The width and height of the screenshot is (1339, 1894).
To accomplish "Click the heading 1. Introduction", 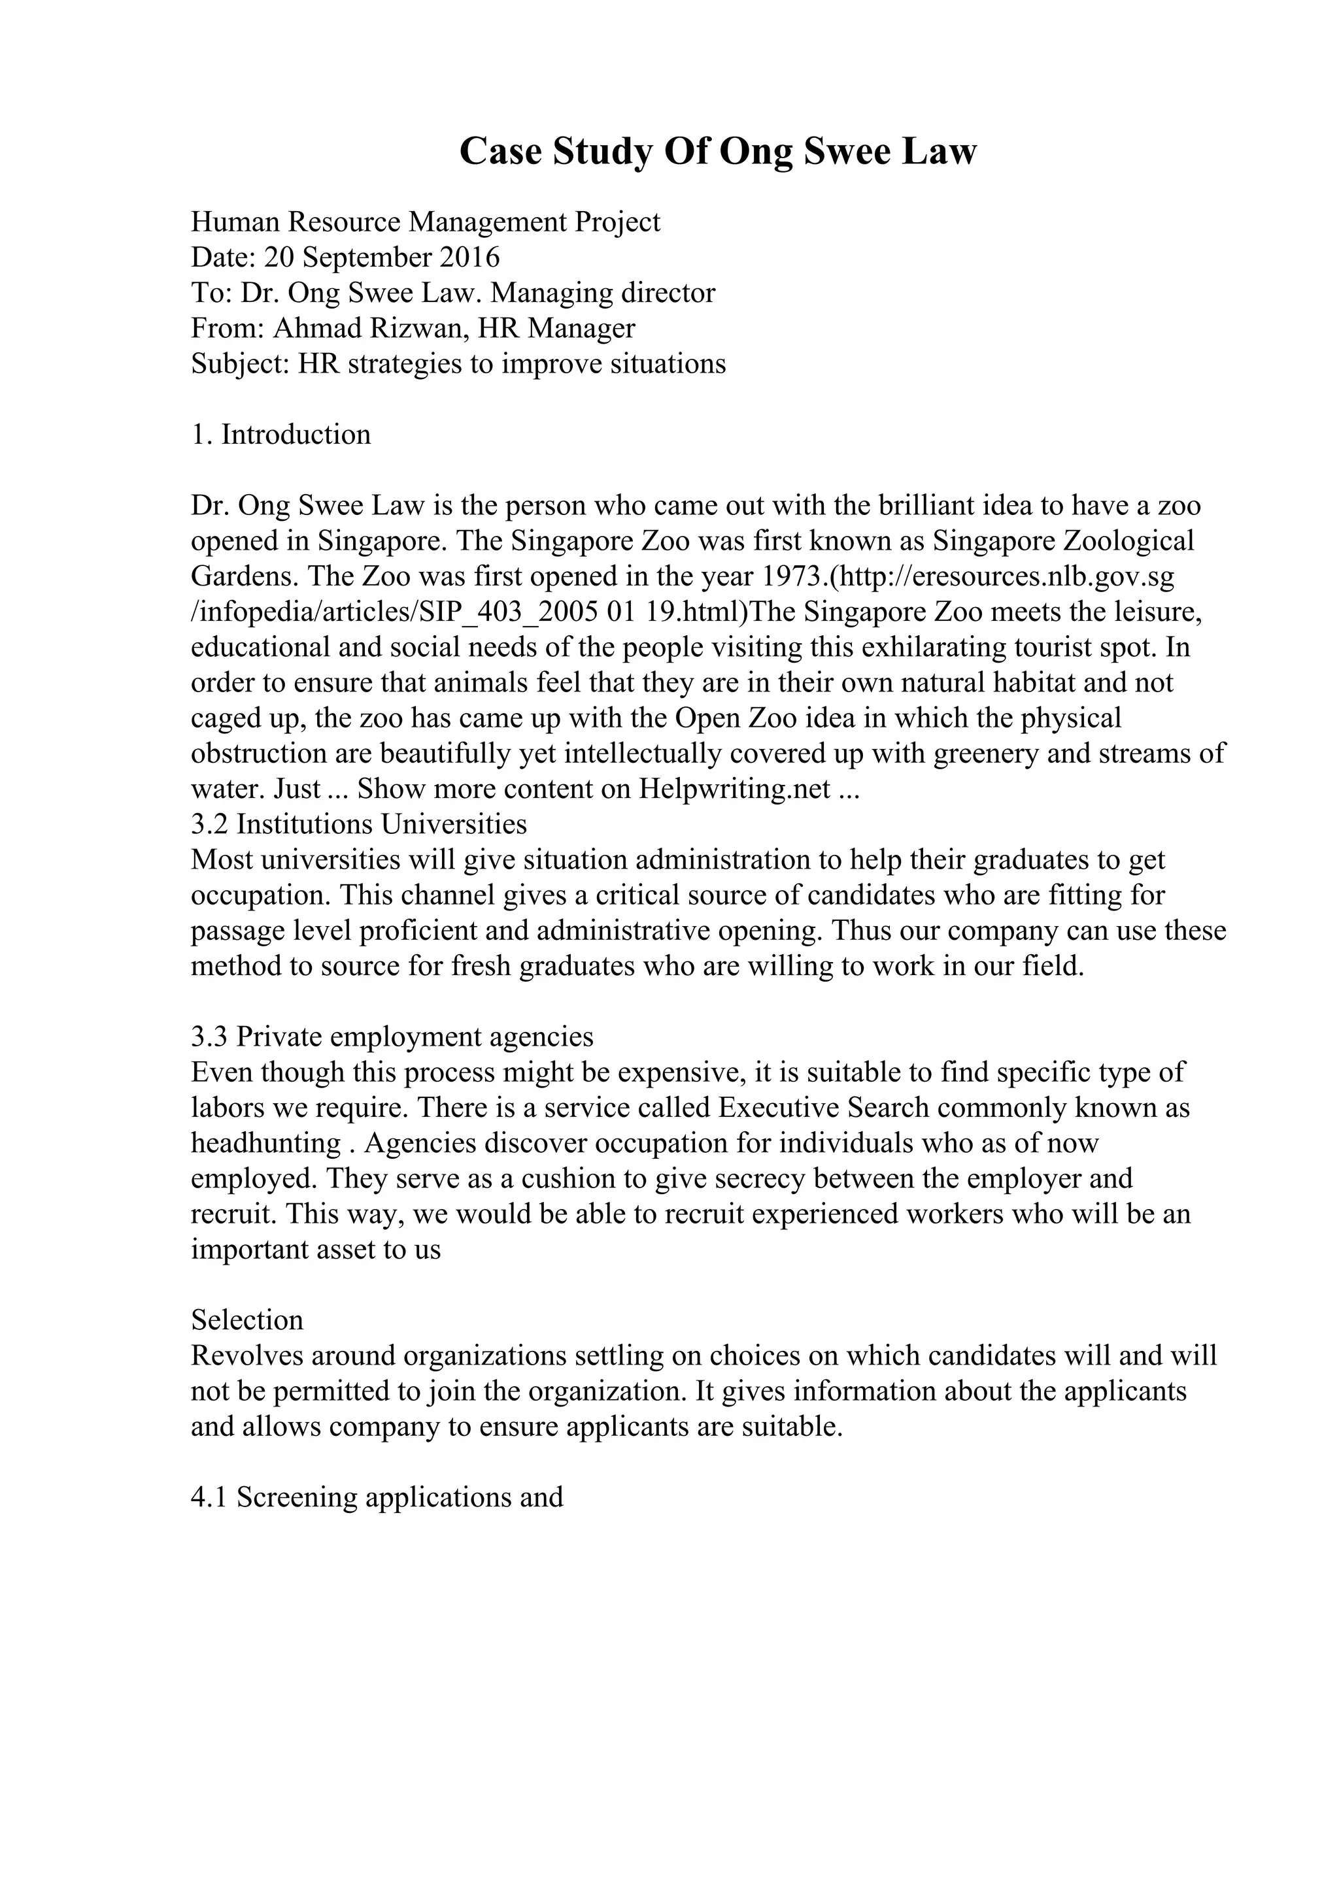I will [x=280, y=435].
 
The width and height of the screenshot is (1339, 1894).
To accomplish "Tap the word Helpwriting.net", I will [x=734, y=789].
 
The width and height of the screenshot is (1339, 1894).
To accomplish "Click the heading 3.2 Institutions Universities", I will [x=359, y=824].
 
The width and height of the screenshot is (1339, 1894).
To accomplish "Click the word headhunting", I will [x=265, y=1143].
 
